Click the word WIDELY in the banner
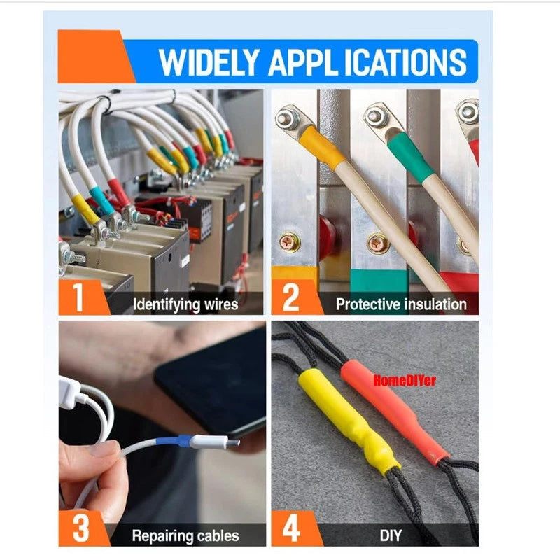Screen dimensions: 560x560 click(x=209, y=62)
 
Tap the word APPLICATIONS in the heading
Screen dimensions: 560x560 click(x=367, y=62)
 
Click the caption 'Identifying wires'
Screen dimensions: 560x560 click(x=185, y=305)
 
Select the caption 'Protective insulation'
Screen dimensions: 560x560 click(x=401, y=304)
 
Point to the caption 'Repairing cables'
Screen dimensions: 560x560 click(x=185, y=535)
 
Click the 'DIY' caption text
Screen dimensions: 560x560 click(x=391, y=535)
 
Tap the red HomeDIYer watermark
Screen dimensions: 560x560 click(x=405, y=380)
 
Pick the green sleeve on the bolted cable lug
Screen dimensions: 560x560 click(x=411, y=157)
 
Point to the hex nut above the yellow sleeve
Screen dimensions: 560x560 click(x=287, y=118)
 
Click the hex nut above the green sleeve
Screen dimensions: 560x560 click(x=374, y=115)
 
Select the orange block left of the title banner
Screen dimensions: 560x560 click(x=94, y=57)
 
